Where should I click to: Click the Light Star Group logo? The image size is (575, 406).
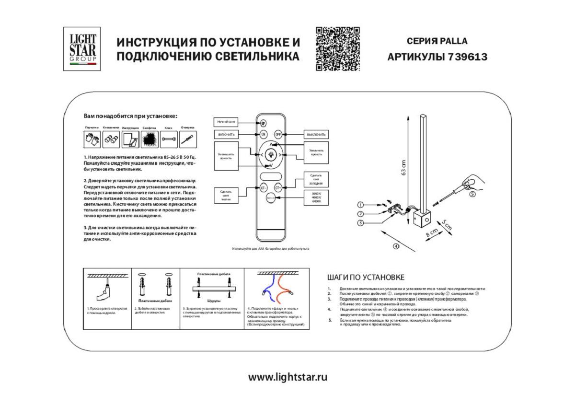point(82,48)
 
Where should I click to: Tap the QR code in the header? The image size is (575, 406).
point(337,49)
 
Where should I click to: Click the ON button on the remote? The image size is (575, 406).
point(264,135)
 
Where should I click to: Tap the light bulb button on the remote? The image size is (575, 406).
point(271,155)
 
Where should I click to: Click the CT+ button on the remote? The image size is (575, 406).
point(278,188)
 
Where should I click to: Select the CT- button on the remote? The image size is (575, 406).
point(264,188)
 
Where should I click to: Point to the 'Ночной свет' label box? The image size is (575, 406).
point(226,122)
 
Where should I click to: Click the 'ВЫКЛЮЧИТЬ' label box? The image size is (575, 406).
point(317,135)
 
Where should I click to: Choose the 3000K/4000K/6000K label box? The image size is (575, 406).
point(317,197)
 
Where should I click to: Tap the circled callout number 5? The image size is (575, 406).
point(471,194)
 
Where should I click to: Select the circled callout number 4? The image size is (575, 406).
point(396,246)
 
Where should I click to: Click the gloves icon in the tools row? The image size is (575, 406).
point(92,139)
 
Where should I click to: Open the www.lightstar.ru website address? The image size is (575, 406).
point(287,377)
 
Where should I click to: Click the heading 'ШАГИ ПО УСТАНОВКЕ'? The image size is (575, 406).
point(366,277)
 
